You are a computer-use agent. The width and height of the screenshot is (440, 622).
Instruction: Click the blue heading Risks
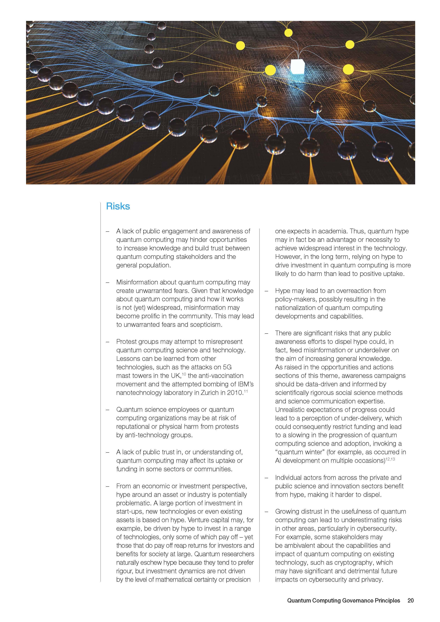(x=118, y=206)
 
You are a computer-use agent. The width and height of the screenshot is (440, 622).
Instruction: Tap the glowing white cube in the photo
(x=297, y=66)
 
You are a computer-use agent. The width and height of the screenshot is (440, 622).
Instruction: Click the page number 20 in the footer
(x=410, y=600)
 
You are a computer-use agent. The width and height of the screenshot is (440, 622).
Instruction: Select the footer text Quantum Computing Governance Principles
(x=343, y=600)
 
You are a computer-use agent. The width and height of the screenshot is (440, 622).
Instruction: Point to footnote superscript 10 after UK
(x=184, y=374)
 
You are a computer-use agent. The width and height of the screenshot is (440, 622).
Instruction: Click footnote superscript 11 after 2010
(x=246, y=391)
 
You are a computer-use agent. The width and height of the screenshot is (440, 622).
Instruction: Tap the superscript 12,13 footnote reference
(x=390, y=459)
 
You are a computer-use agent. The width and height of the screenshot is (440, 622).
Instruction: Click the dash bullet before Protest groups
(x=108, y=342)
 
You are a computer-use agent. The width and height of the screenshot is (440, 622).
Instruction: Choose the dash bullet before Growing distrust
(x=266, y=512)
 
